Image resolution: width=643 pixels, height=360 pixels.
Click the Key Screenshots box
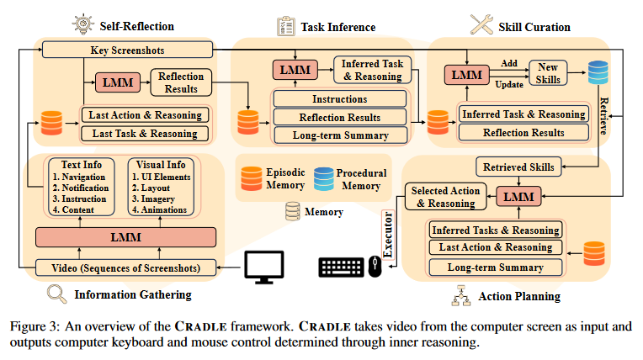click(x=126, y=50)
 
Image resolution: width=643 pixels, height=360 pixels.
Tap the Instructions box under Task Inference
click(x=338, y=98)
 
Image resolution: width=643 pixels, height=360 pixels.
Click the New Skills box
click(x=549, y=71)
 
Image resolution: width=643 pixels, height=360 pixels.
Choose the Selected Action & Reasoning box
click(x=445, y=197)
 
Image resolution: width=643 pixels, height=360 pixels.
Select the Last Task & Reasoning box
click(x=144, y=133)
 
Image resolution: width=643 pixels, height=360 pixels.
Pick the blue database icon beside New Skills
click(x=598, y=72)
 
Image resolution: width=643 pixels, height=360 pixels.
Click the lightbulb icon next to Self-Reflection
click(x=83, y=23)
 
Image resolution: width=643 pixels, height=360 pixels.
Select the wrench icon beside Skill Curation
click(x=481, y=24)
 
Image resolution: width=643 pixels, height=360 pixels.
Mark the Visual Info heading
click(x=161, y=165)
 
